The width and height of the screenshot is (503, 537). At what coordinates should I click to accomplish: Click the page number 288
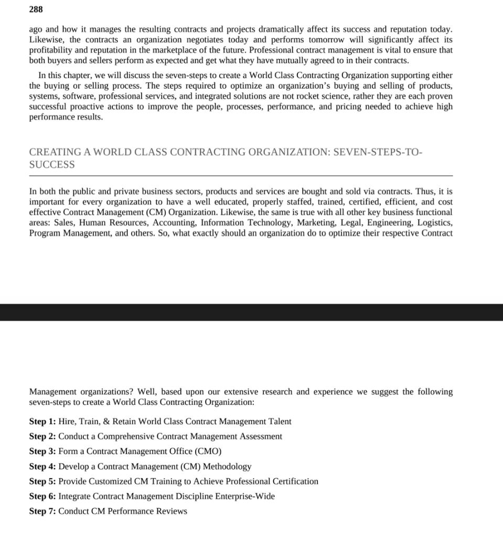(x=36, y=9)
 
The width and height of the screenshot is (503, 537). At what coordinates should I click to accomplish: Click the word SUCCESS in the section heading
(x=52, y=165)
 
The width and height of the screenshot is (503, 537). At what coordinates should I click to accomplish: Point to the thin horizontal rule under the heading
(x=241, y=176)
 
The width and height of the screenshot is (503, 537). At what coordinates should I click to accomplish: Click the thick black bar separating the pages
(x=251, y=312)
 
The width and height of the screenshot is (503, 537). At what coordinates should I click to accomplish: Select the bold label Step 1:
(x=42, y=422)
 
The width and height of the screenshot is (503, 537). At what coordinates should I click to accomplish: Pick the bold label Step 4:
(x=42, y=467)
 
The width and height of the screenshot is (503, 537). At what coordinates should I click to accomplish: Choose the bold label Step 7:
(x=42, y=511)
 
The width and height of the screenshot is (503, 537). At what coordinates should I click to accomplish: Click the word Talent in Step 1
(x=280, y=422)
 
